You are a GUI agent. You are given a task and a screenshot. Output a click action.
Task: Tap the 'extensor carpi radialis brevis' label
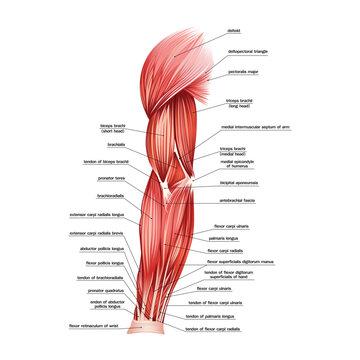pos(99,234)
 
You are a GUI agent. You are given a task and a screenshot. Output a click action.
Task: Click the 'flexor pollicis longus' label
pos(105,263)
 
